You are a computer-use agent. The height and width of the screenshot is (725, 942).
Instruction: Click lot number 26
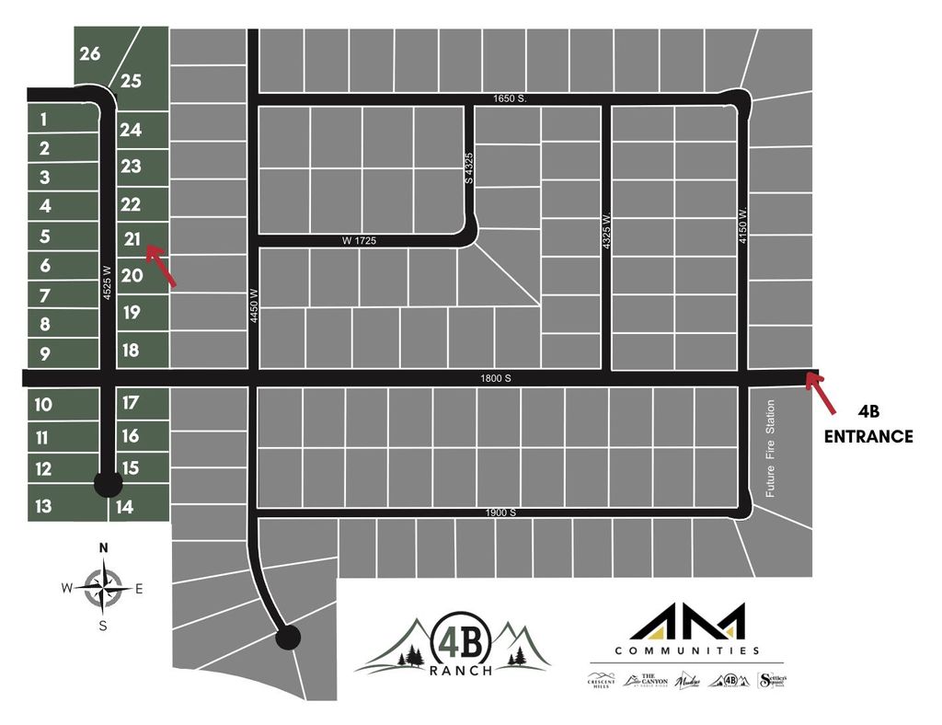(x=90, y=53)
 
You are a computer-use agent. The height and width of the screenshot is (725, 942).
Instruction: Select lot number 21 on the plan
(x=132, y=239)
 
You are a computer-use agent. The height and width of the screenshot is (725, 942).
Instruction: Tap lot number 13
(x=43, y=505)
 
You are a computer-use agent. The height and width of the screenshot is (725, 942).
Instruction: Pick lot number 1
(x=43, y=118)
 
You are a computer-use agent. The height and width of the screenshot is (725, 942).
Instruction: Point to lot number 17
(x=130, y=402)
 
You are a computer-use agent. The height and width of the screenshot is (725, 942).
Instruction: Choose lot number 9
(x=44, y=353)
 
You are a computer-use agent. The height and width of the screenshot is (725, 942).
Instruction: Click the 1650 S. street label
(x=508, y=98)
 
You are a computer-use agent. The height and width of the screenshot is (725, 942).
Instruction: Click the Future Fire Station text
(x=771, y=448)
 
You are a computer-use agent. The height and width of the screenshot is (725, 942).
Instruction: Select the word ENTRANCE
(x=867, y=437)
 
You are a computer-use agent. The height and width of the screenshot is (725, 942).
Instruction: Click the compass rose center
(x=104, y=588)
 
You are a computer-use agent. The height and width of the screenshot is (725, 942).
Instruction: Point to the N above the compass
(x=104, y=548)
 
